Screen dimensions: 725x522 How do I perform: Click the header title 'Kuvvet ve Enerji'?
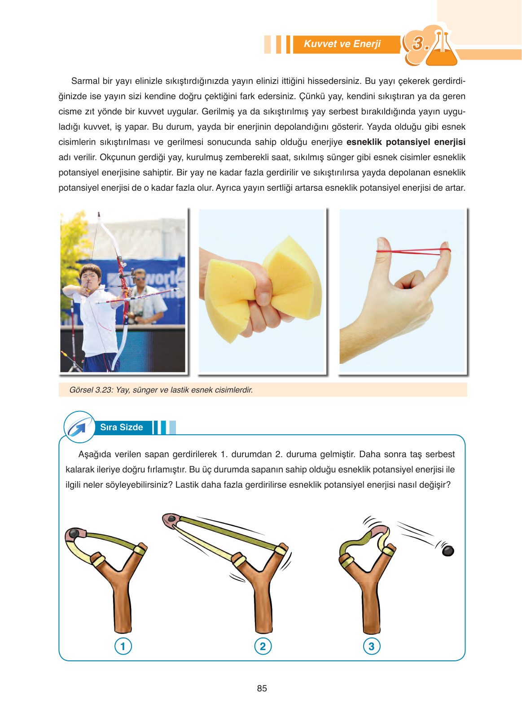point(342,44)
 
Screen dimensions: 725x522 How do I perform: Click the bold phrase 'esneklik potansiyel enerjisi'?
point(406,142)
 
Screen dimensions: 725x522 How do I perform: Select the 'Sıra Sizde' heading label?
point(122,428)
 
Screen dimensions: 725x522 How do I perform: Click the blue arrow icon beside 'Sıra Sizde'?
point(79,427)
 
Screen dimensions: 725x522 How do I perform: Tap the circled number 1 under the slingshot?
point(123,646)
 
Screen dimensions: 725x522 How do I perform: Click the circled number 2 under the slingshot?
point(263,646)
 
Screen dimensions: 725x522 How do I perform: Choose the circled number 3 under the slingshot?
point(372,646)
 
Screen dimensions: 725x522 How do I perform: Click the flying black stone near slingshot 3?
point(447,550)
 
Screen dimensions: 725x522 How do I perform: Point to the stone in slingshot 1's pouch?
point(74,534)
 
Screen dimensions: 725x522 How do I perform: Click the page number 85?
point(262,689)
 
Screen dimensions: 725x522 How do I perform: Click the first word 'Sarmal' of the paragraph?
point(85,81)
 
